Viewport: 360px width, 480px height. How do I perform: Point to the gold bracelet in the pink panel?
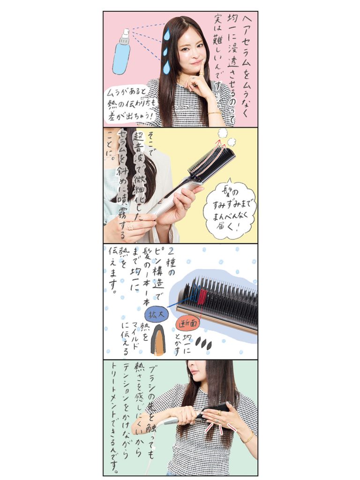[x=215, y=113]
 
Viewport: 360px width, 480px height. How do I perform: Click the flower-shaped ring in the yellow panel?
[x=131, y=226]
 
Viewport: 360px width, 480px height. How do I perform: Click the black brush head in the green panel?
[x=214, y=409]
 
